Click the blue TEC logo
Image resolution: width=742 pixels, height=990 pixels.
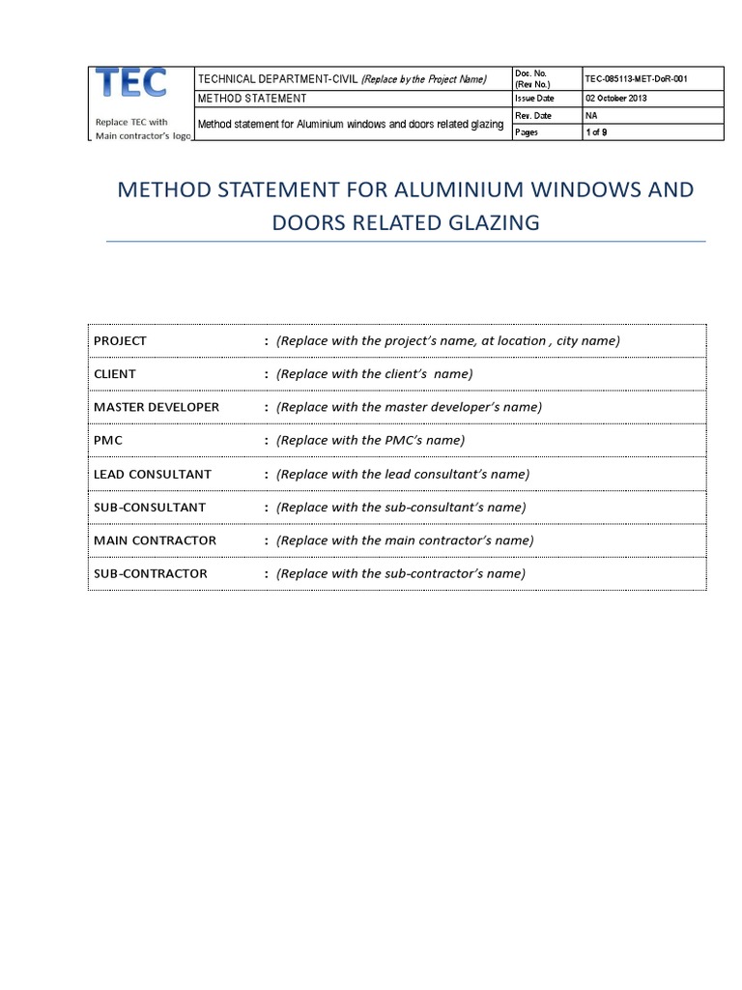pos(133,84)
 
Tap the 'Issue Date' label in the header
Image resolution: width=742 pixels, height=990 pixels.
pos(535,99)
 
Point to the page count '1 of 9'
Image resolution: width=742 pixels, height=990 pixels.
pos(596,132)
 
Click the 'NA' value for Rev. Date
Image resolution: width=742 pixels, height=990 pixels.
pos(591,115)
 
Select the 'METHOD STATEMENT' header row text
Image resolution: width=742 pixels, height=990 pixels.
pos(252,99)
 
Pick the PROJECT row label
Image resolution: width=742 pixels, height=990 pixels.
pos(120,340)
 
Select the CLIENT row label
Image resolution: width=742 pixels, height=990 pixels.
pos(115,373)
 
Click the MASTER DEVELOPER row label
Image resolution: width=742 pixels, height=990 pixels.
pos(157,406)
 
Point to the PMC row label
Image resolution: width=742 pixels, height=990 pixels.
pos(108,440)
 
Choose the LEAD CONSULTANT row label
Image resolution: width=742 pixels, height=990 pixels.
pos(153,474)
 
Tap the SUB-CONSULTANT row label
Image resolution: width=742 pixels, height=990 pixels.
pos(150,507)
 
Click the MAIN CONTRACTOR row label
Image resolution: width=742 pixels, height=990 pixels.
pos(155,539)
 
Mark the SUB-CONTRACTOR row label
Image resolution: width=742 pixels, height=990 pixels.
pos(151,573)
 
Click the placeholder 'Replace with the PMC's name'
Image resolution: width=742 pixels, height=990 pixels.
pos(370,440)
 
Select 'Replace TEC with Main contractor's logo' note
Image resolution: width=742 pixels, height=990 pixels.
pos(142,129)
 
